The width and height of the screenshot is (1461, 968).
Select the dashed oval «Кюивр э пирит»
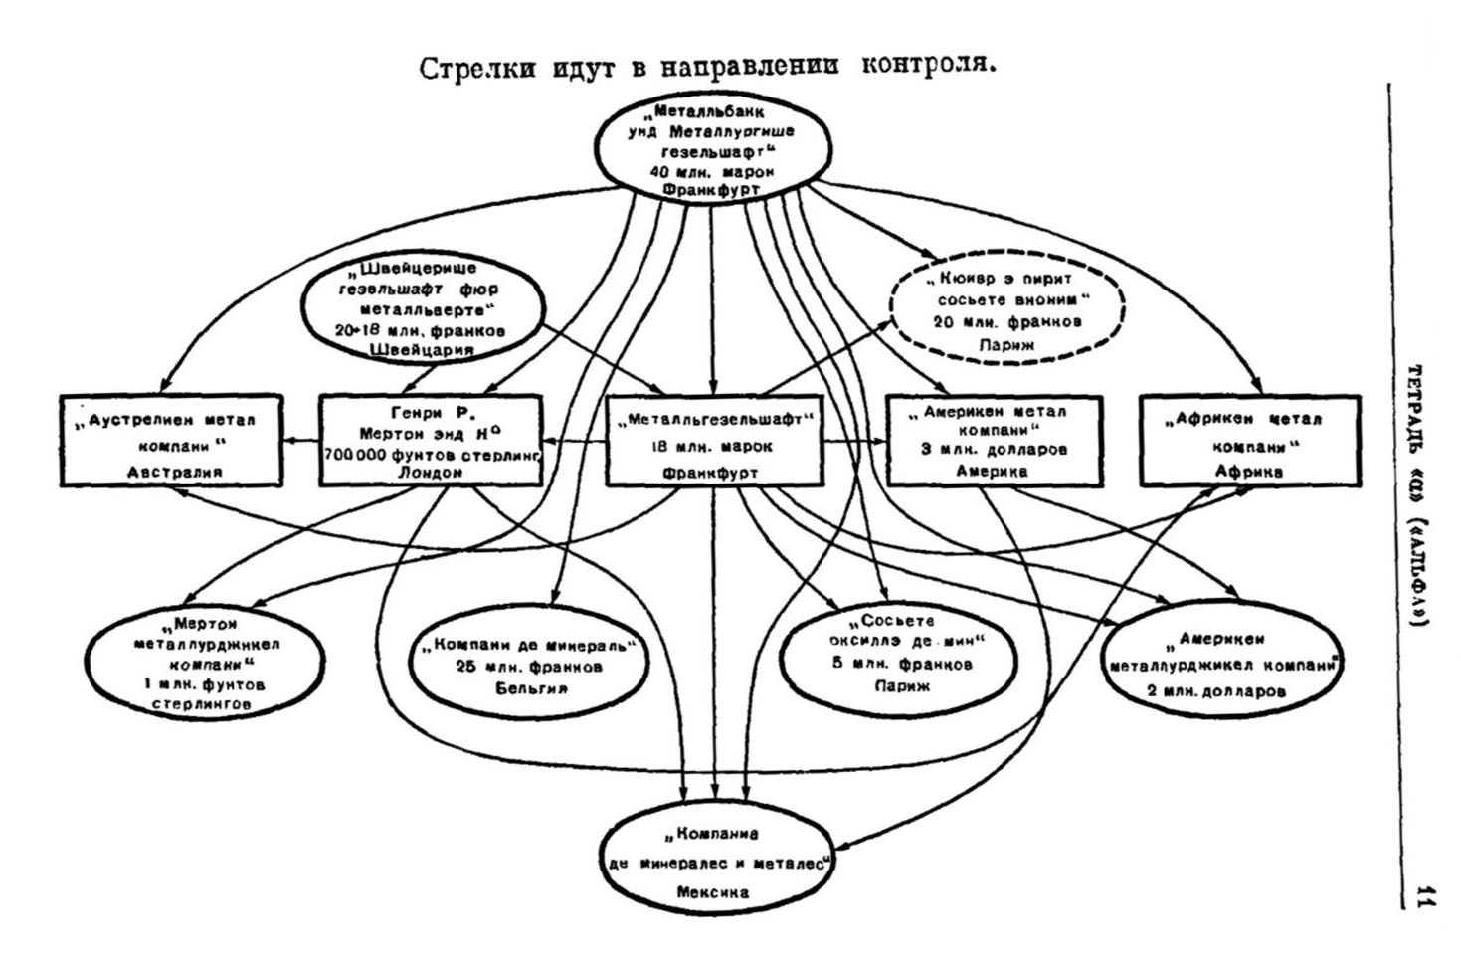[1005, 310]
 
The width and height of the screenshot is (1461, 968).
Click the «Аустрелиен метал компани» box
[170, 440]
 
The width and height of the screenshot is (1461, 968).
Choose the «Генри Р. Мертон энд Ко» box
[431, 440]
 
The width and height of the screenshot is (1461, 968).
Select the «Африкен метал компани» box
[1249, 440]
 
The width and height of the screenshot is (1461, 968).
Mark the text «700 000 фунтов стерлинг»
[431, 455]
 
